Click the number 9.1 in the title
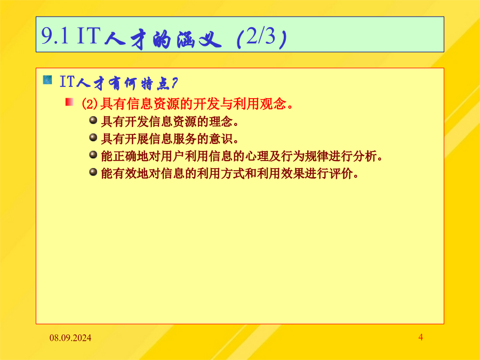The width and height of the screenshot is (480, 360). point(54,36)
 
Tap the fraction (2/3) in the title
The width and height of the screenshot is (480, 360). point(261,38)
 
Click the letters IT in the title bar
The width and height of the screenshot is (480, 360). point(89,36)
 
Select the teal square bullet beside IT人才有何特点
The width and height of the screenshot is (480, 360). point(47,80)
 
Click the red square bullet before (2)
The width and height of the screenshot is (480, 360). point(69,102)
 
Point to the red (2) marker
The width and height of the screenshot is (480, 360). point(90,104)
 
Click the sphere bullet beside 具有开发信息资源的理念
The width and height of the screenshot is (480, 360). point(93,120)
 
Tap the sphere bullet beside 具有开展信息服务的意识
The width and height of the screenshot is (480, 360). point(93,138)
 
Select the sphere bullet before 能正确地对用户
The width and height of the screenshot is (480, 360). point(93,155)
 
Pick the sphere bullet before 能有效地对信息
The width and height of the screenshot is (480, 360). point(93,172)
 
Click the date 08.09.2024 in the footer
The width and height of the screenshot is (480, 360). point(70,338)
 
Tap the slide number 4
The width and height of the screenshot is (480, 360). point(421,338)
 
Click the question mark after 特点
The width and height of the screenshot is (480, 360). point(174,83)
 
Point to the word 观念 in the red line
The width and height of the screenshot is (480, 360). point(273,104)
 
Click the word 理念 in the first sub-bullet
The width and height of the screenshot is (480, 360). point(221,122)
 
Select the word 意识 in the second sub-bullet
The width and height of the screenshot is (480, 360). point(221,139)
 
